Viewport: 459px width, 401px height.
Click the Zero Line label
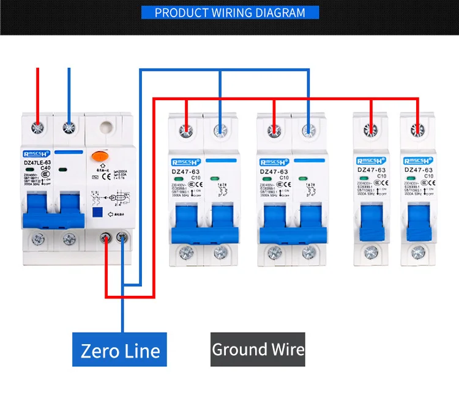120,350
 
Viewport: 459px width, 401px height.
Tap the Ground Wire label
258,350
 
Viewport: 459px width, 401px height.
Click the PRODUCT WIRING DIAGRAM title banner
229,13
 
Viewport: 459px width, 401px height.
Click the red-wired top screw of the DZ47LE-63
38,128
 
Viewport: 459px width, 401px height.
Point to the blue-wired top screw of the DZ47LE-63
69,128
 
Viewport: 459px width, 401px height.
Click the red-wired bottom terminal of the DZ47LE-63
108,238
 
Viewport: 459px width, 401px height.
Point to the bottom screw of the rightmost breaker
419,252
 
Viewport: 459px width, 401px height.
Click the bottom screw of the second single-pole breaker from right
370,252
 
